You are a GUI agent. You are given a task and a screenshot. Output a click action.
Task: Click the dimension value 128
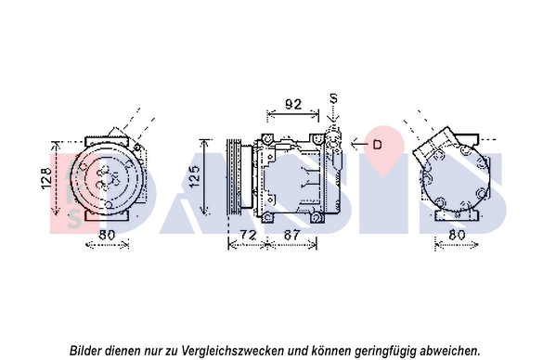(46, 178)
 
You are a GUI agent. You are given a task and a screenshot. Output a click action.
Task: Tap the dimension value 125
(195, 177)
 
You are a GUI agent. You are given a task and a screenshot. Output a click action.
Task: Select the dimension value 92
(293, 104)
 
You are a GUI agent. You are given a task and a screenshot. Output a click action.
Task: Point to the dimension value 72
(248, 235)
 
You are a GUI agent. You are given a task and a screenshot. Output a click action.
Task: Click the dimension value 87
(291, 235)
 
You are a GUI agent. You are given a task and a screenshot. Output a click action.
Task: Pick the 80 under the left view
(107, 235)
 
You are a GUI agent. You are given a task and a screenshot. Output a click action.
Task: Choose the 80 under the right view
(457, 235)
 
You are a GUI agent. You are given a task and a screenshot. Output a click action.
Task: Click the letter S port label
(333, 98)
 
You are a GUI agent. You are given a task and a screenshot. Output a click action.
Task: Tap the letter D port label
(377, 144)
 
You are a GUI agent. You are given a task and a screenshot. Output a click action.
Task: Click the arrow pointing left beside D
(359, 144)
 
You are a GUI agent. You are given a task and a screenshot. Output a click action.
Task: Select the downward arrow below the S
(333, 114)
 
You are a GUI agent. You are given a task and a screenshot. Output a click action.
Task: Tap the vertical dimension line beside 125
(204, 177)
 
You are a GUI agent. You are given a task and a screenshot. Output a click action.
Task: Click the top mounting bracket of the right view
(466, 138)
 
